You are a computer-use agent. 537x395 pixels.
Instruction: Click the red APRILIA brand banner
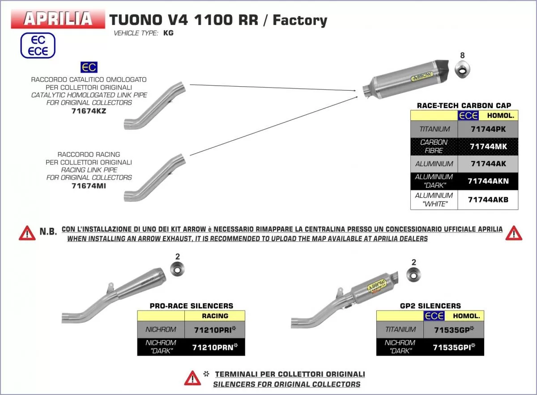[58, 18]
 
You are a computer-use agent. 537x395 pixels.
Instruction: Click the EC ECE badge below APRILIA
[38, 45]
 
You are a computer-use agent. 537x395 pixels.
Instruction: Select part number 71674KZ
[89, 111]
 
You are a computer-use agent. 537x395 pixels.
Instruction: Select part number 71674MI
[89, 185]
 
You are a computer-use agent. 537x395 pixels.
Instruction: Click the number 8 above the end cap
[462, 55]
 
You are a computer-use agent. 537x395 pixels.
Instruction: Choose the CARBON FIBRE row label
[434, 146]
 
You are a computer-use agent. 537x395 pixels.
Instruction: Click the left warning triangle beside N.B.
[27, 233]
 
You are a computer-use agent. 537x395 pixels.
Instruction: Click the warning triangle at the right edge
[514, 233]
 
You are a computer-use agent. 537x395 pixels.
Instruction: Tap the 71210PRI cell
[215, 330]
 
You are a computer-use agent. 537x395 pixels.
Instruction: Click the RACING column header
[215, 315]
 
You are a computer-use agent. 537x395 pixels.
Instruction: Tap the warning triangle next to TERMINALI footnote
[192, 378]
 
